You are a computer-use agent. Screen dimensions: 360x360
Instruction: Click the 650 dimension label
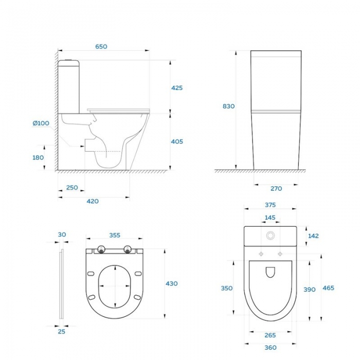tap(101, 47)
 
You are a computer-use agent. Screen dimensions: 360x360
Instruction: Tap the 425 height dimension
tap(177, 88)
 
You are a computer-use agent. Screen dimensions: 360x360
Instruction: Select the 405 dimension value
tap(177, 141)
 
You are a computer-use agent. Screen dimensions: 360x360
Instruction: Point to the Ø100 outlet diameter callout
tap(41, 123)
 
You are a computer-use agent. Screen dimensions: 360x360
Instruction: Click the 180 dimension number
tap(38, 158)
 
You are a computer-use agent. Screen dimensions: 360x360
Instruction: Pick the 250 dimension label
tap(72, 188)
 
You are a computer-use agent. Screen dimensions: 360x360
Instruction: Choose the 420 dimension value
tap(93, 202)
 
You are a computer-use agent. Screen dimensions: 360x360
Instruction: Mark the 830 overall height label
tap(229, 106)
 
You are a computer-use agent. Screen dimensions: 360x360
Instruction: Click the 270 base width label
tap(276, 189)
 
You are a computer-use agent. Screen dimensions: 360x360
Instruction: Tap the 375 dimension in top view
tap(270, 205)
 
